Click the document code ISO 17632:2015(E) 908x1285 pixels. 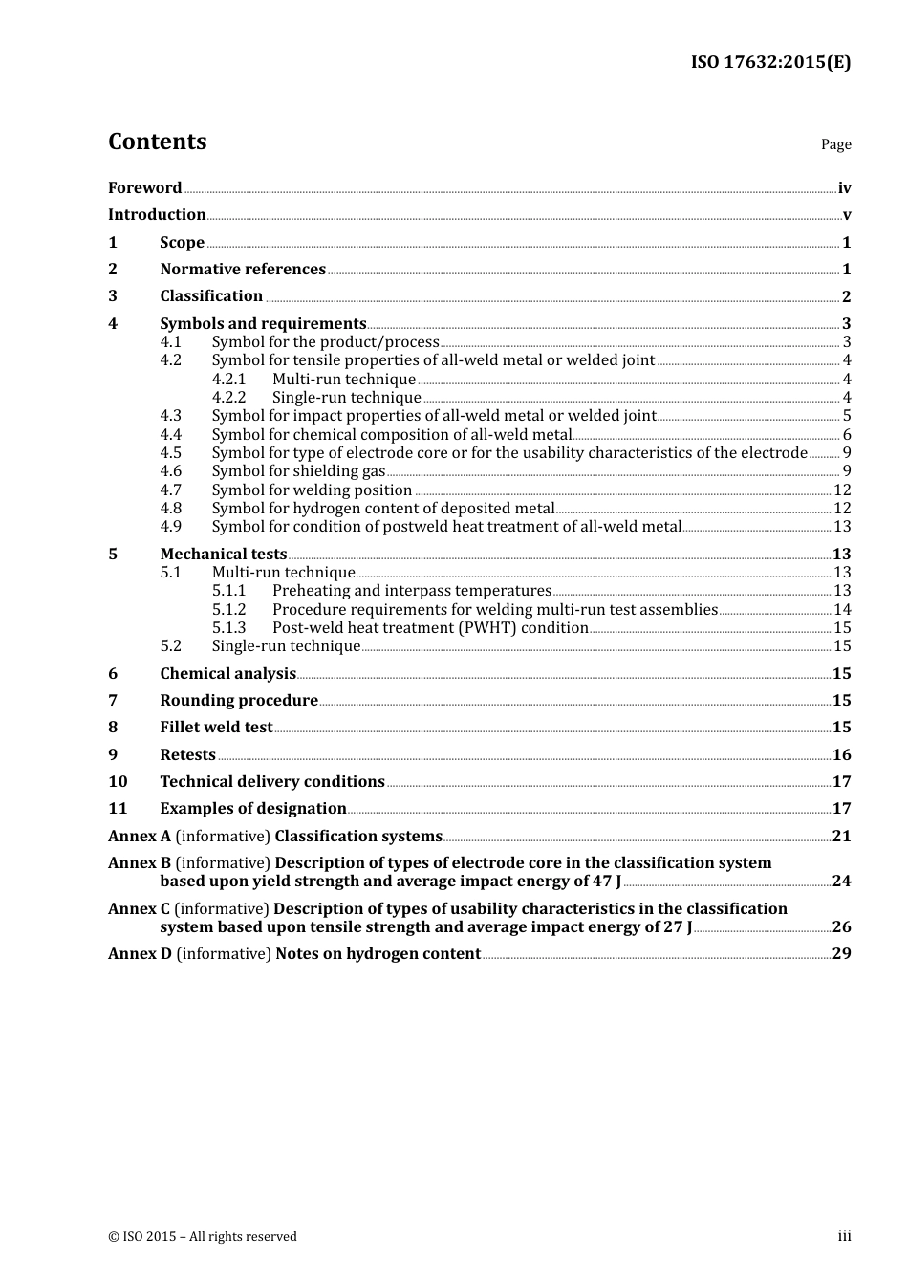pos(770,62)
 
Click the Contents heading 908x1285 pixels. pos(157,142)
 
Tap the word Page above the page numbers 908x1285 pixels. pos(835,144)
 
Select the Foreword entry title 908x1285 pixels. pos(144,188)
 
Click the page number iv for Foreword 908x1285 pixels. pos(844,188)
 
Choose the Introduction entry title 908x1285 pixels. pos(157,215)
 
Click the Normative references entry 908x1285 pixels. pos(243,270)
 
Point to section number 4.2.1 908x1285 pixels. pos(228,380)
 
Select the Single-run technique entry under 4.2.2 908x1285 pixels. pos(346,398)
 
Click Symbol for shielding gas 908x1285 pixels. pos(298,471)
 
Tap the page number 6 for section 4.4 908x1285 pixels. pos(847,435)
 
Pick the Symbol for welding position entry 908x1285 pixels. pos(312,490)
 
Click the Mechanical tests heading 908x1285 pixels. pos(223,555)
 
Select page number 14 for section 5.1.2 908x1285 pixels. pos(842,610)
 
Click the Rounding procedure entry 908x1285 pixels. pos(239,701)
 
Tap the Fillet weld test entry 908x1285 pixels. pos(216,728)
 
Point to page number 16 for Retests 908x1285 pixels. pos(841,755)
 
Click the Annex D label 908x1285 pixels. pos(140,954)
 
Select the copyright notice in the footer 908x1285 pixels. pos(203,1237)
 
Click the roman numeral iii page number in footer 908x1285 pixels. pos(844,1236)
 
